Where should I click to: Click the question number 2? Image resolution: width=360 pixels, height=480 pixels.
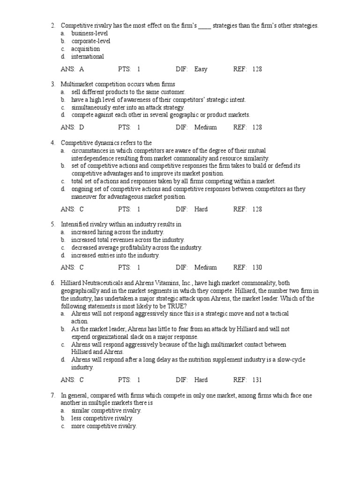(x=53, y=26)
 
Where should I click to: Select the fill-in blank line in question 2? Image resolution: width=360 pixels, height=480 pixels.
(x=204, y=27)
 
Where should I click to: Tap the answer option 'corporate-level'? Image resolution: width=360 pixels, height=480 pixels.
(x=91, y=41)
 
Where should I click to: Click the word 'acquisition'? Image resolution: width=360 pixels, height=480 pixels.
(x=85, y=49)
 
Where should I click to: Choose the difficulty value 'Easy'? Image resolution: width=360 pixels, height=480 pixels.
(x=201, y=69)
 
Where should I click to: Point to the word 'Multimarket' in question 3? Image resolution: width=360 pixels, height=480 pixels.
(x=77, y=84)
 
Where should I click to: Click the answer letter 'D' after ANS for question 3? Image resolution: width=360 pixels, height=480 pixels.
(x=82, y=127)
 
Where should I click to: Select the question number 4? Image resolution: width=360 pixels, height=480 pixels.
(x=53, y=142)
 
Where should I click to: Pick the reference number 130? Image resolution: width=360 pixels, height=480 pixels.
(x=257, y=267)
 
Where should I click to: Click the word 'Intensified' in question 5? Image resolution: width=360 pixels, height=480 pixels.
(x=75, y=225)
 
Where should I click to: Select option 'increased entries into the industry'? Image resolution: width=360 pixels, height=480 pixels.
(x=115, y=255)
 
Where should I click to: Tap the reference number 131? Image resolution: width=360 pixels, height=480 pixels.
(x=257, y=380)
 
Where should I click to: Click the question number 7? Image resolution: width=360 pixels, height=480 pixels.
(x=53, y=395)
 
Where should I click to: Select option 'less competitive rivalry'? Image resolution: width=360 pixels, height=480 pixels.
(x=102, y=418)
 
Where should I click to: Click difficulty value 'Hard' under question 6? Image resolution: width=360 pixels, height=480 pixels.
(x=201, y=380)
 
